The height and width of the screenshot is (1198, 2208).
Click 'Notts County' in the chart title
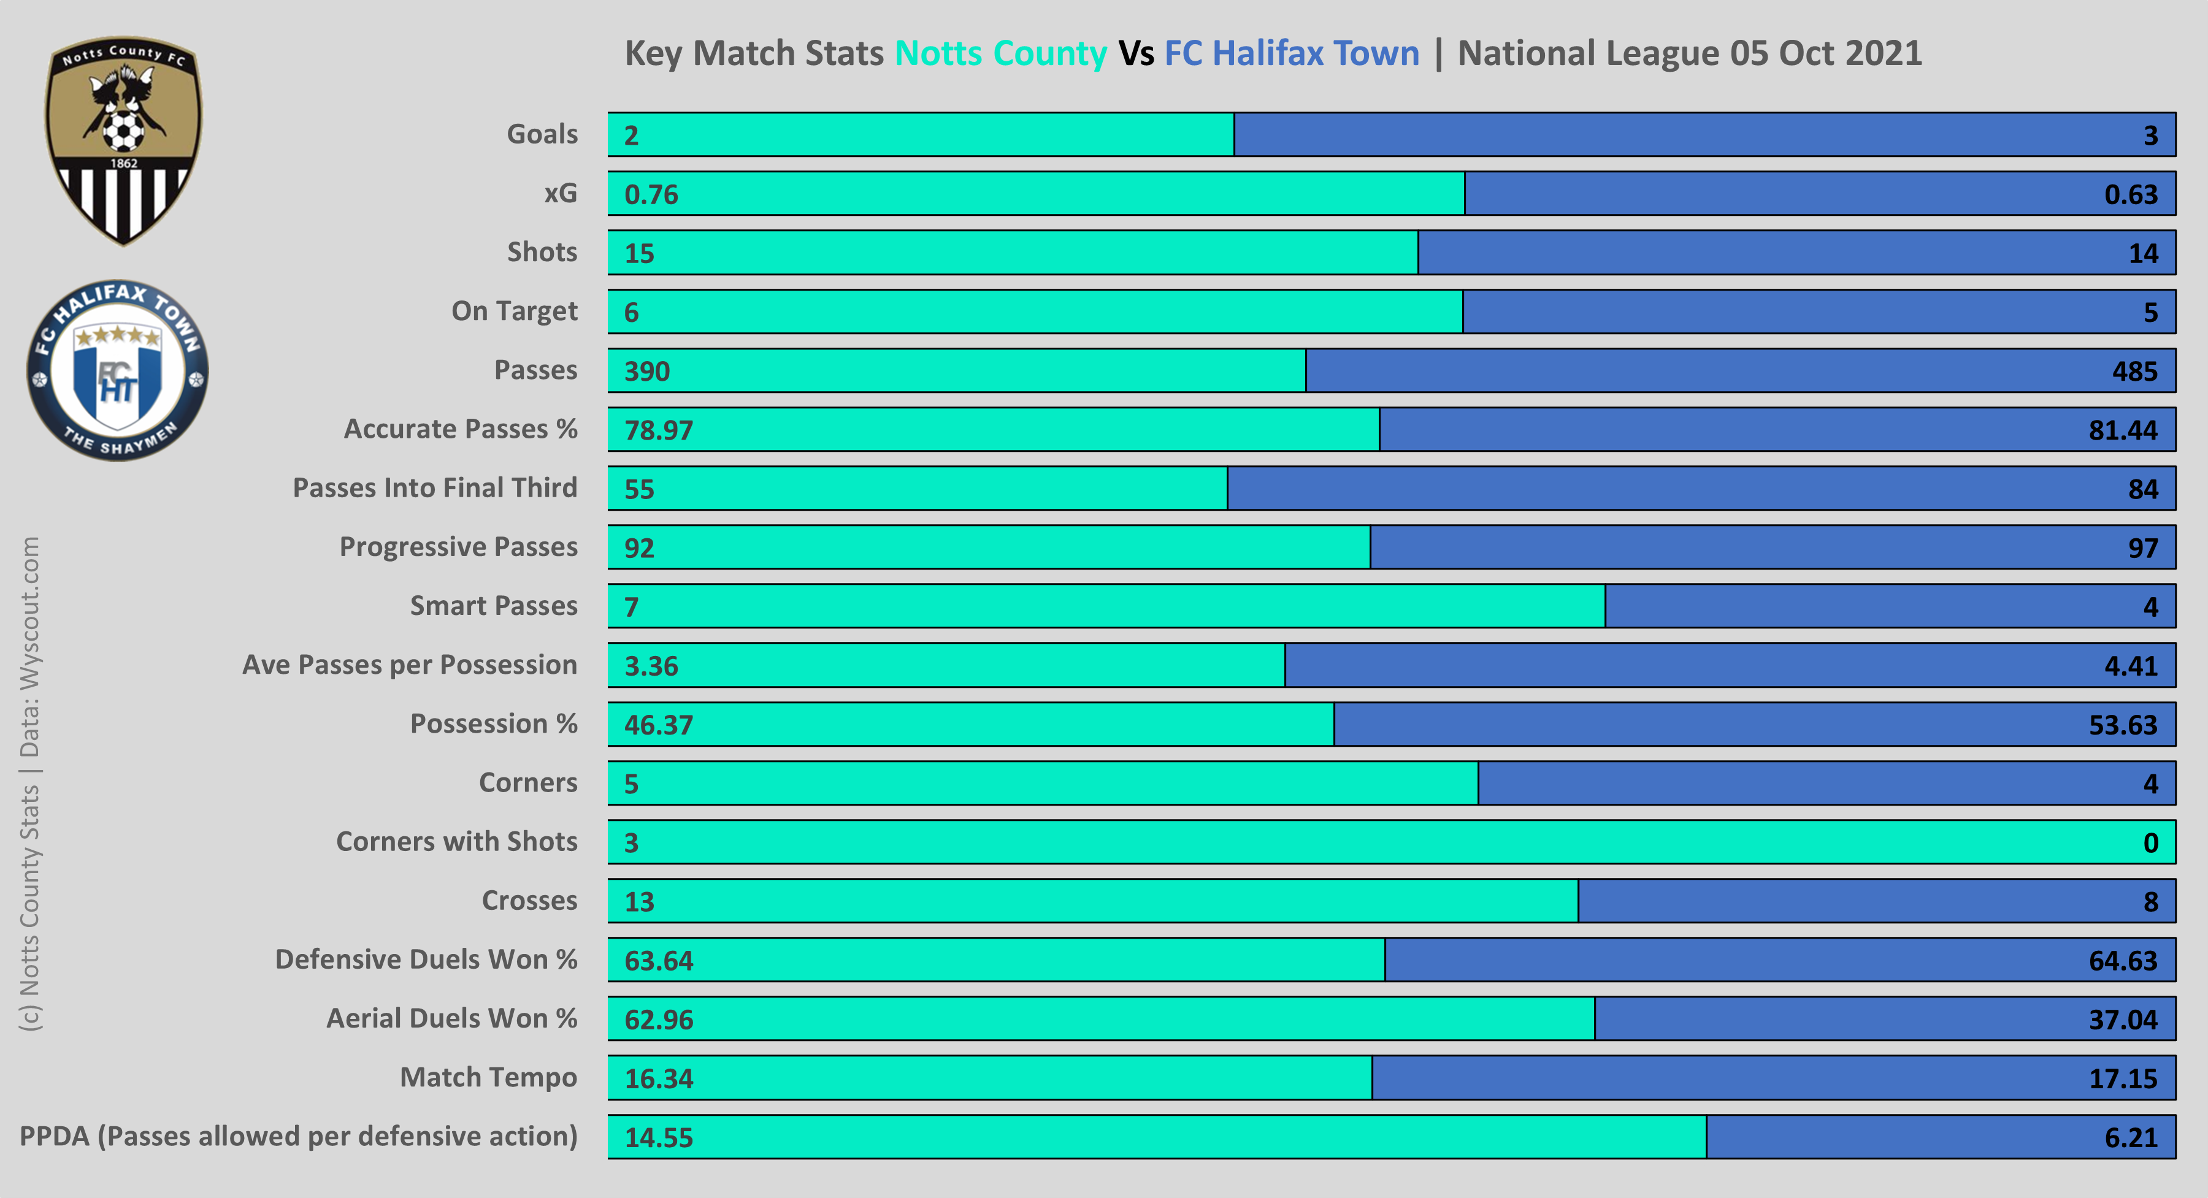tap(1000, 53)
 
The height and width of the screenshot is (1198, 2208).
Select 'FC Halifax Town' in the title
tap(1292, 53)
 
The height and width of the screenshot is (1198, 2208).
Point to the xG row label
tap(561, 194)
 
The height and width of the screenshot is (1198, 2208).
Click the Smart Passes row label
tap(494, 606)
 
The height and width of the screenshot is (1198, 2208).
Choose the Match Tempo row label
tap(489, 1077)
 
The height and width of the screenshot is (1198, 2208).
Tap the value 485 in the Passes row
tap(2134, 371)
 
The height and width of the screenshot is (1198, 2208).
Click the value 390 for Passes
tap(647, 371)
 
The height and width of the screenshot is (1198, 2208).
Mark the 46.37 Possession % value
tap(658, 725)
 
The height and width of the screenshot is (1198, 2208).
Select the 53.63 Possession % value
tap(2122, 725)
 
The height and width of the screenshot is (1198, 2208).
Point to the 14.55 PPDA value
tap(658, 1137)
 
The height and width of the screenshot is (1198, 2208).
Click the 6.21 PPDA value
tap(2131, 1137)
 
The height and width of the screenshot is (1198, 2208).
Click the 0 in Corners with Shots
tap(2150, 843)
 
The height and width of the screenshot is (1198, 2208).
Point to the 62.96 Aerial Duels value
tap(658, 1020)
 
